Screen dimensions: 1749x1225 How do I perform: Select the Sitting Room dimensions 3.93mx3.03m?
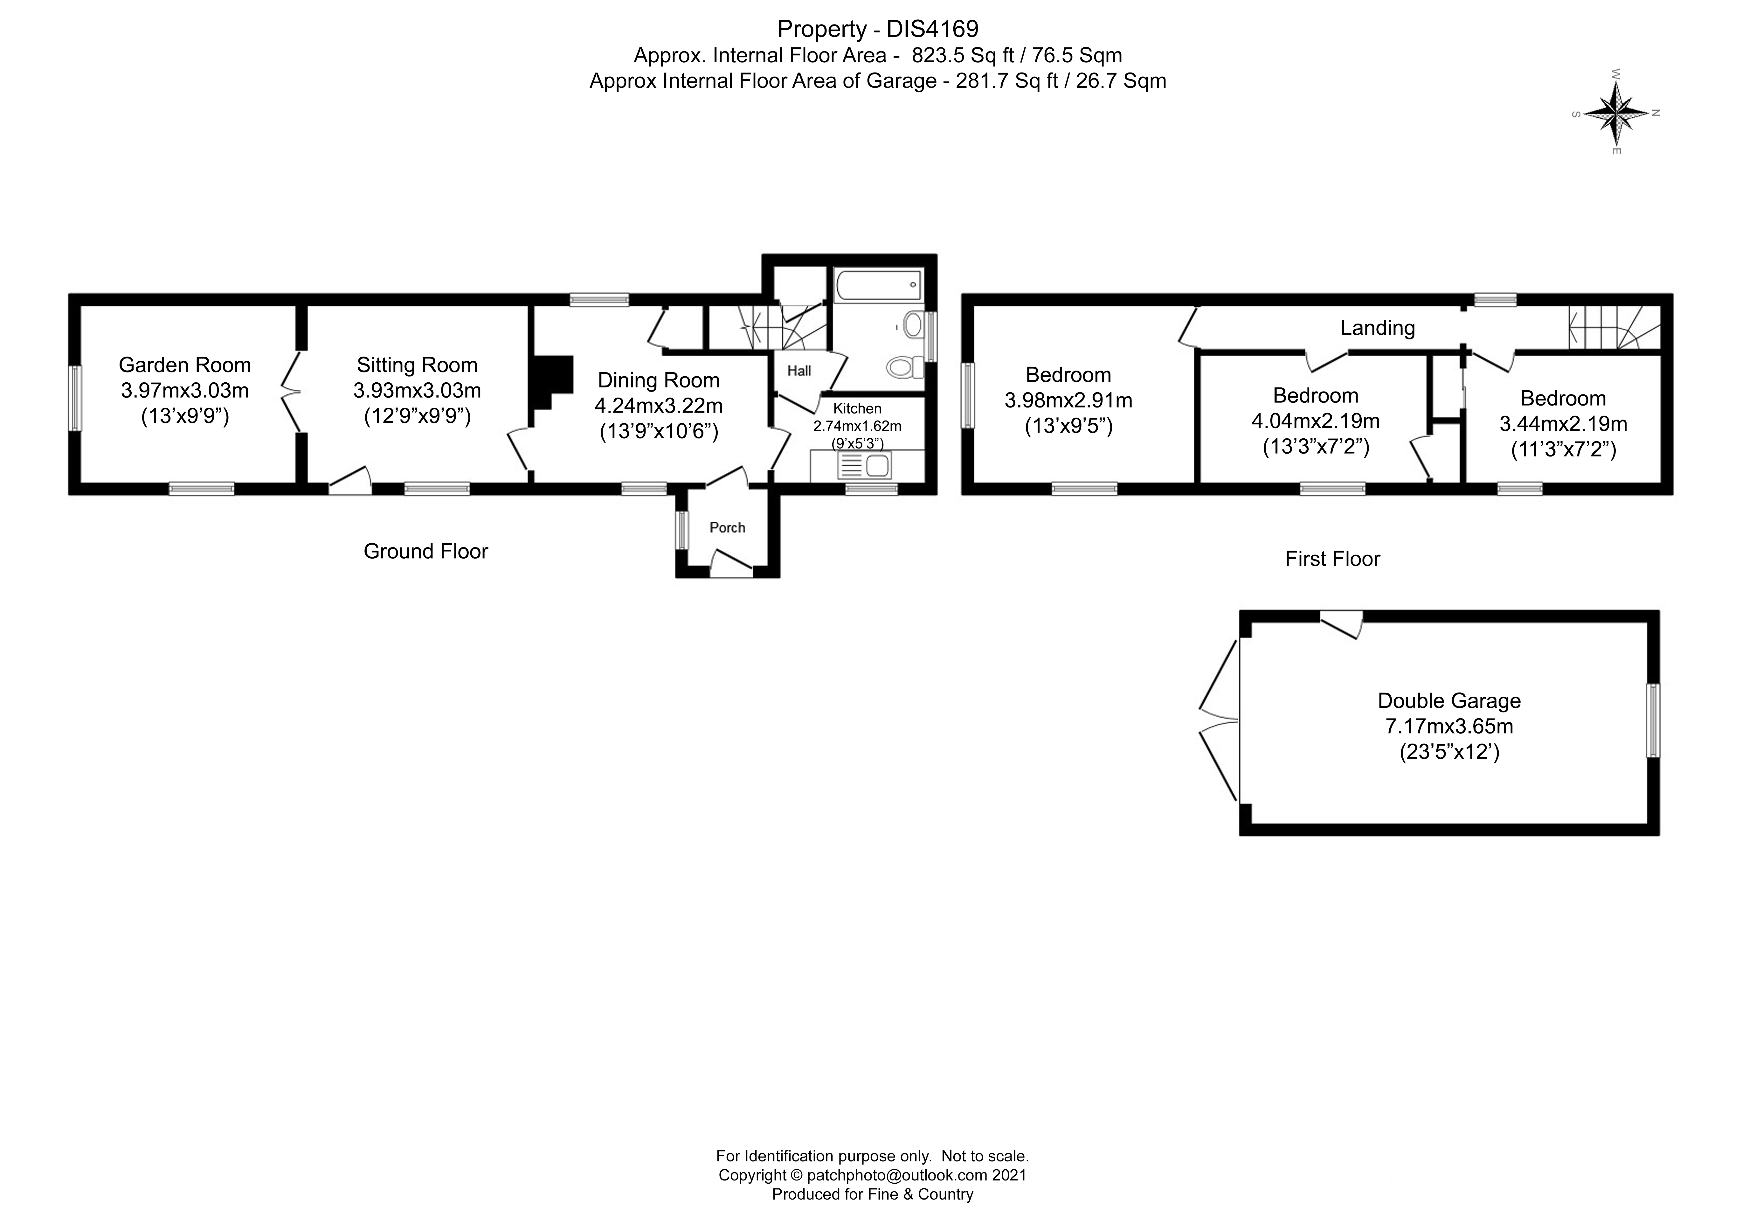point(417,391)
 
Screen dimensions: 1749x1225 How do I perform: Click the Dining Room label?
point(658,380)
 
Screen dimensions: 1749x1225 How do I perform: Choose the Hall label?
point(799,371)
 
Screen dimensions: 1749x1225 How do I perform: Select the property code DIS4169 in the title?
point(932,29)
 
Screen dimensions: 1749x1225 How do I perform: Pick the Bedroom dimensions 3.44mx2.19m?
point(1563,424)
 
